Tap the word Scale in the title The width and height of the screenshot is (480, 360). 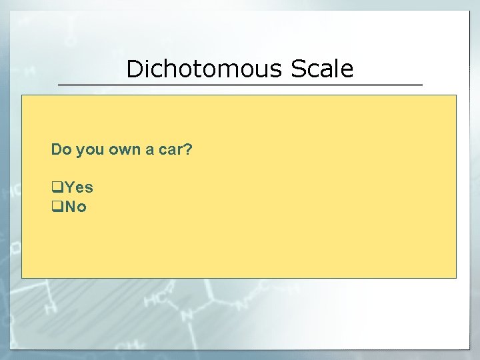tap(321, 69)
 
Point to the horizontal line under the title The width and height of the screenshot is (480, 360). tap(240, 85)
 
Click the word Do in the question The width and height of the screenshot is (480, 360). tap(61, 149)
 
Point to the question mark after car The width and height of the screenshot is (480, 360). tap(188, 149)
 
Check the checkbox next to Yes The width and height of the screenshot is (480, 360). tap(57, 188)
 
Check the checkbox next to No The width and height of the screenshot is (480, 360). tap(57, 207)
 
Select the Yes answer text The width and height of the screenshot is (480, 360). tap(79, 188)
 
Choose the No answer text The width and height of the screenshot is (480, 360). tap(76, 207)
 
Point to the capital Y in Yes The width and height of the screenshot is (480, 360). tap(69, 188)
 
